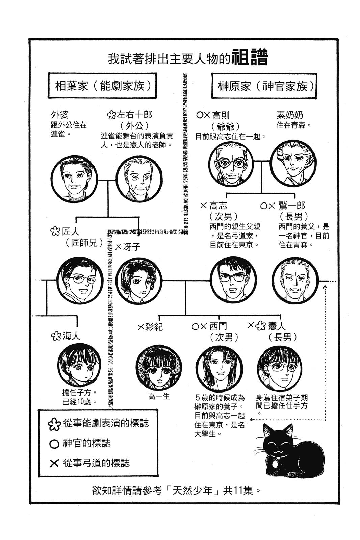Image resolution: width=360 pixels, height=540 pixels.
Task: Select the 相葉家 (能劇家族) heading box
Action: [102, 86]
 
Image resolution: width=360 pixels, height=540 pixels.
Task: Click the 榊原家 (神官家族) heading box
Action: [264, 86]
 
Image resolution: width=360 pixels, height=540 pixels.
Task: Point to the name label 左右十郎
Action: [134, 115]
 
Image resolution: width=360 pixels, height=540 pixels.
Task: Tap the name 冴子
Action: [132, 247]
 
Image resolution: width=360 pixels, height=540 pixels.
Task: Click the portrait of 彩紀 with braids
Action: [159, 368]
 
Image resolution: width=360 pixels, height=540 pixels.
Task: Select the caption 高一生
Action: [159, 397]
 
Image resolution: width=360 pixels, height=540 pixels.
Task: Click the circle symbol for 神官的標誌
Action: [54, 444]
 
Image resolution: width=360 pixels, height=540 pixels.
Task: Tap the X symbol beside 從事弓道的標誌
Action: [54, 463]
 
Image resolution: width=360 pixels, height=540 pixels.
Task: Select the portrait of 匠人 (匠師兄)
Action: [80, 280]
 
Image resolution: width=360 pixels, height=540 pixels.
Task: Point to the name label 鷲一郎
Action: [291, 206]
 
